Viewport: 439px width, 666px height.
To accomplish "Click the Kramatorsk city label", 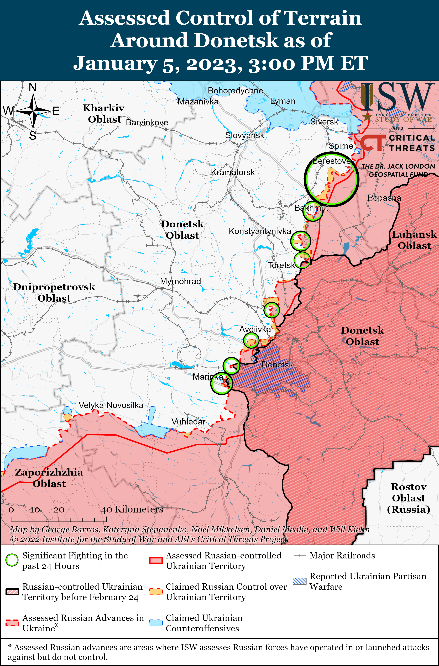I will (233, 172).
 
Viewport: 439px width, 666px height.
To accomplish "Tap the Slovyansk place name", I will (244, 135).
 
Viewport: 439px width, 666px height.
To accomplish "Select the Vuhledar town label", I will (188, 421).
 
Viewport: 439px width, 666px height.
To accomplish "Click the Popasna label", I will (384, 198).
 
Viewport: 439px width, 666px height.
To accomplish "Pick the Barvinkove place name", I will (147, 123).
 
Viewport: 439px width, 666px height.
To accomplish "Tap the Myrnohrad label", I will (180, 281).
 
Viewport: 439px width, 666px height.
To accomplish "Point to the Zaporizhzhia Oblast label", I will (49, 478).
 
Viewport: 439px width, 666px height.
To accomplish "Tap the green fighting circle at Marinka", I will (221, 384).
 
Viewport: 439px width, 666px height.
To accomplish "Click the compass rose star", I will (33, 111).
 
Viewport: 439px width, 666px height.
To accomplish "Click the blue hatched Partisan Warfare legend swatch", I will (300, 581).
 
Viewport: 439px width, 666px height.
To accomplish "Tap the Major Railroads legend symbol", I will (299, 556).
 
